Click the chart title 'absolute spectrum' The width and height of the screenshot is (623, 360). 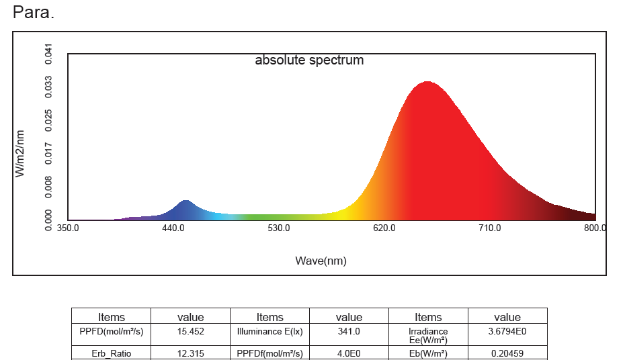309,60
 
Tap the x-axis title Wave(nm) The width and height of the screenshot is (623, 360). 321,261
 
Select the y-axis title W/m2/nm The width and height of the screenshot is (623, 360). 19,154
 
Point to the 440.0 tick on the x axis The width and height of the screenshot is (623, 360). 173,228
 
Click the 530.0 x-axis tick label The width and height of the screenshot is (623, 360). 278,228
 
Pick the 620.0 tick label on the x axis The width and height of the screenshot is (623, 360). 384,228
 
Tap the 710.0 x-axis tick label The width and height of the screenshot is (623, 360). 489,228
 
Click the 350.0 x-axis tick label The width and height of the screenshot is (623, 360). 68,228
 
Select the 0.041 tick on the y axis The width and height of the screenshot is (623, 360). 48,54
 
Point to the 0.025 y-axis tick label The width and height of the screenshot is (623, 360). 48,121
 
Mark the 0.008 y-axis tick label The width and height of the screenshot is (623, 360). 48,187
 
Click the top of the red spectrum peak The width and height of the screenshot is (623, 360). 427,82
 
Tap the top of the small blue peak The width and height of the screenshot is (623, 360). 185,200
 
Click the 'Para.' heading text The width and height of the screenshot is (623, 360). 34,12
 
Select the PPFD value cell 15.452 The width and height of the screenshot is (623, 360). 191,331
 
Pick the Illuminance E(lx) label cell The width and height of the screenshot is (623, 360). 269,331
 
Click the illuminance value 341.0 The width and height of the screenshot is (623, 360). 349,331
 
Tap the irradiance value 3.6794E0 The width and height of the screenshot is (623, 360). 507,331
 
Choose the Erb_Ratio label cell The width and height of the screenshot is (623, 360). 112,353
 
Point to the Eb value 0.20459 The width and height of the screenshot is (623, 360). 507,353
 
